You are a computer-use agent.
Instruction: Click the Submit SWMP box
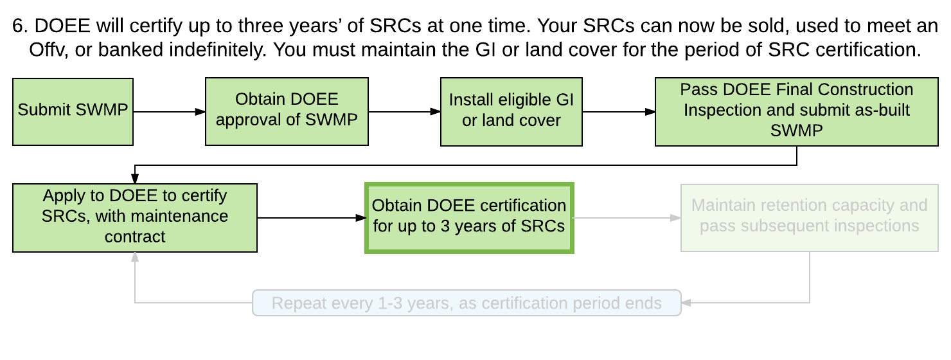[73, 112]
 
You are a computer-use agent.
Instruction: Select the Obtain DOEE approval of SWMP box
[287, 112]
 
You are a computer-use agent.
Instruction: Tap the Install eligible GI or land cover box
[511, 112]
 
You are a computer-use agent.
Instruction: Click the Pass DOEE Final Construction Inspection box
[797, 112]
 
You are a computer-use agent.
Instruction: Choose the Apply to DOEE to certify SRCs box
[134, 218]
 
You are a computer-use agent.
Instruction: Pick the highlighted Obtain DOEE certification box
[469, 218]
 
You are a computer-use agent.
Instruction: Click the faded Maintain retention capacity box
[809, 218]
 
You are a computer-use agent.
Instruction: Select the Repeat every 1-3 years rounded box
[467, 303]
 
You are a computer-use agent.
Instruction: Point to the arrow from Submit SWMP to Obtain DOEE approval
[170, 112]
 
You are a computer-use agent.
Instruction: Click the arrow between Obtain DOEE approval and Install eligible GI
[405, 112]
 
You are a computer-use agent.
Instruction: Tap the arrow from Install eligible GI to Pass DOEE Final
[619, 112]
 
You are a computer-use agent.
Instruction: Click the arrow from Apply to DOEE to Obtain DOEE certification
[311, 218]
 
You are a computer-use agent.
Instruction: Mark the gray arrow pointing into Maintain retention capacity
[627, 218]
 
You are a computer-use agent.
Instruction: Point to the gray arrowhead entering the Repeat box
[686, 303]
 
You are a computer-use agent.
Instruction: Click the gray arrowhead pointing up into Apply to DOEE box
[134, 257]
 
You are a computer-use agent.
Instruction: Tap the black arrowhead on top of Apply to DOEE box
[134, 179]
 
